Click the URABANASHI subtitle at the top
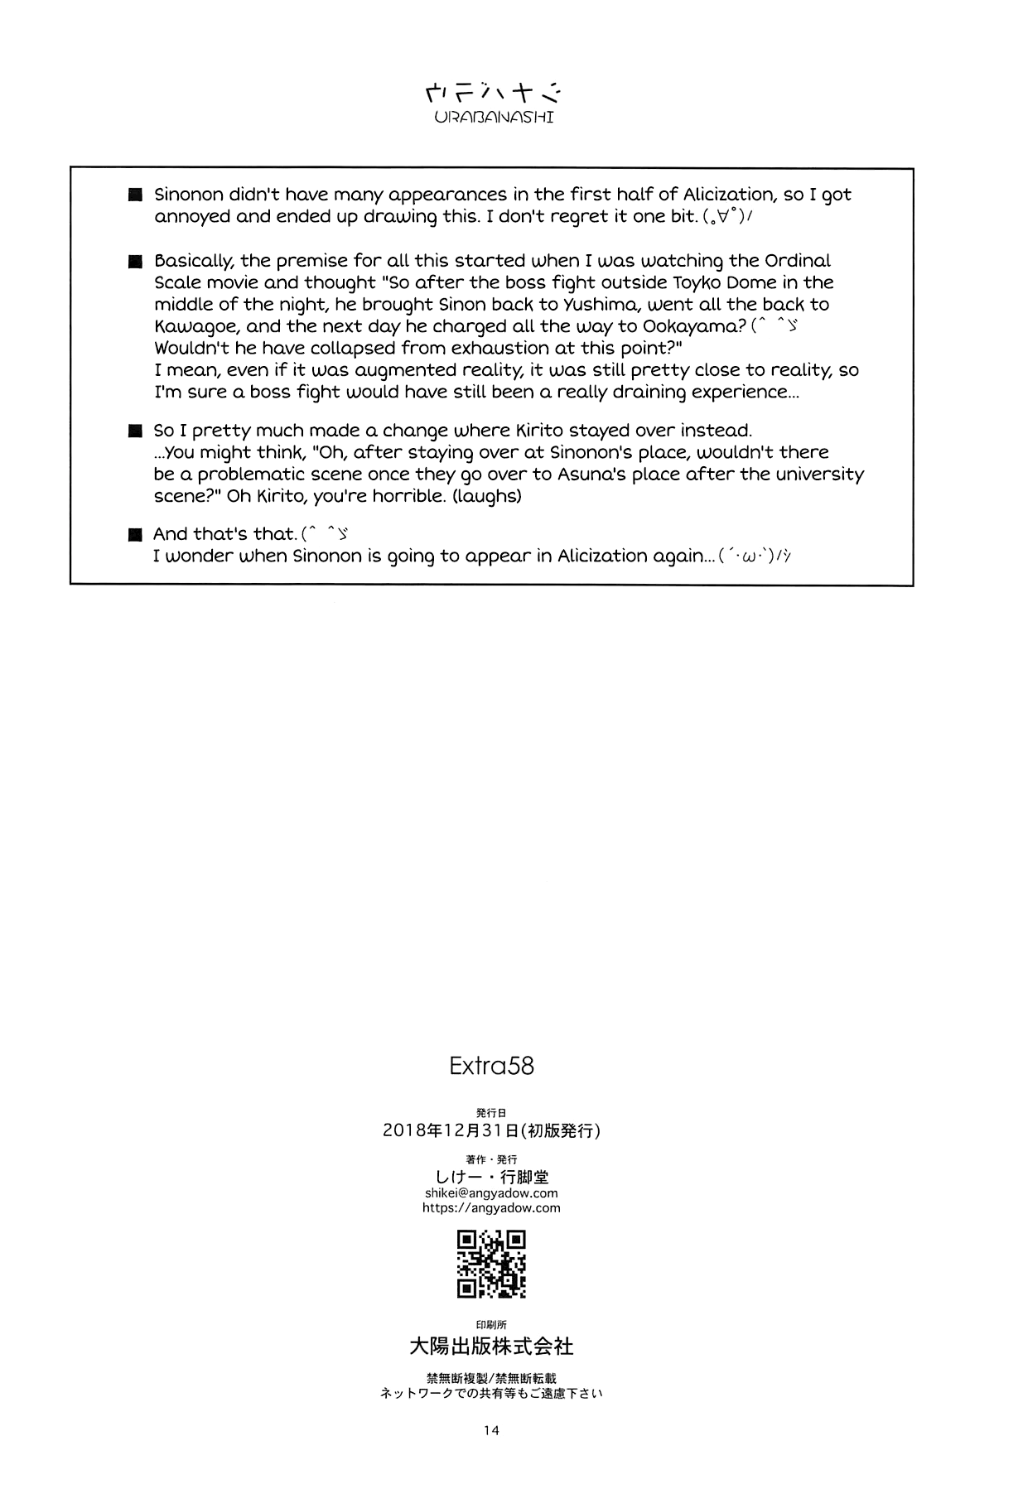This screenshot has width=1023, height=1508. pos(494,117)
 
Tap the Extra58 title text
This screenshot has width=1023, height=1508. pos(491,1065)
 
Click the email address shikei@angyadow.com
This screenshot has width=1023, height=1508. pos(491,1193)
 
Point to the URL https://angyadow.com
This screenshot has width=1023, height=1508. pos(491,1208)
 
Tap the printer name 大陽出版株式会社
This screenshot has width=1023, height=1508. pos(491,1347)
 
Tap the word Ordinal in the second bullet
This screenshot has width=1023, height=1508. pos(797,261)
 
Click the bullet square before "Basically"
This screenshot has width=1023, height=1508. pos(136,262)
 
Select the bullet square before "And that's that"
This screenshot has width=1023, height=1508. pos(136,535)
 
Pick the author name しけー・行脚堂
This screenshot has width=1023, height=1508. pos(491,1177)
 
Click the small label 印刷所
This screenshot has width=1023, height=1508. pos(491,1325)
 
